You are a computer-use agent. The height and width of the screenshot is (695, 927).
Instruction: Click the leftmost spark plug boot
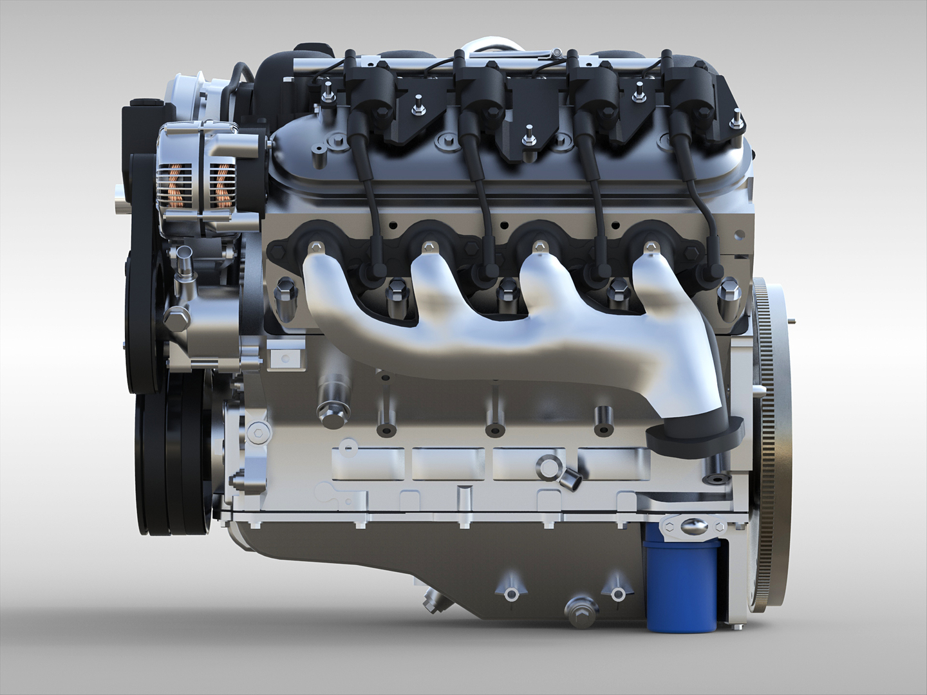click(371, 273)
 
